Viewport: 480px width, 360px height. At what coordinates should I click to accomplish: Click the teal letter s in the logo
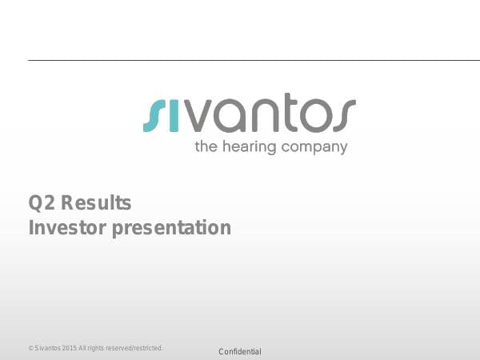coord(152,115)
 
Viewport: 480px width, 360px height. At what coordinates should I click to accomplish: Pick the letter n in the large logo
coord(258,115)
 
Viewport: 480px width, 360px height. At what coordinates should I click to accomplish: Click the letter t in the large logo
coord(284,113)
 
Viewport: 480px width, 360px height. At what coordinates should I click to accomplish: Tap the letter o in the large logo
coord(310,115)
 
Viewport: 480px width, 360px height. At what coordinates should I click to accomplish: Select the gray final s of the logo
coord(342,115)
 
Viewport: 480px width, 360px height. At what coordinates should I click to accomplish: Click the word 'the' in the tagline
coord(205,147)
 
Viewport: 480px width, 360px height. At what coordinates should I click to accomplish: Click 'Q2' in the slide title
coord(41,202)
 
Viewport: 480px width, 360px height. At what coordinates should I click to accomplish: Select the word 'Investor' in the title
coord(67,228)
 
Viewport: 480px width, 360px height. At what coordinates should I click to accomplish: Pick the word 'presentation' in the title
coord(171,229)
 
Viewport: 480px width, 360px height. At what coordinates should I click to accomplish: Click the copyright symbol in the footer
coord(30,349)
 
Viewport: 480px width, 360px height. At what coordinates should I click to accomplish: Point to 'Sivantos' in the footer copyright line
coord(47,349)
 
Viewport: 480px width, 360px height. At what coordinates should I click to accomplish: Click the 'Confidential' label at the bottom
coord(240,352)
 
